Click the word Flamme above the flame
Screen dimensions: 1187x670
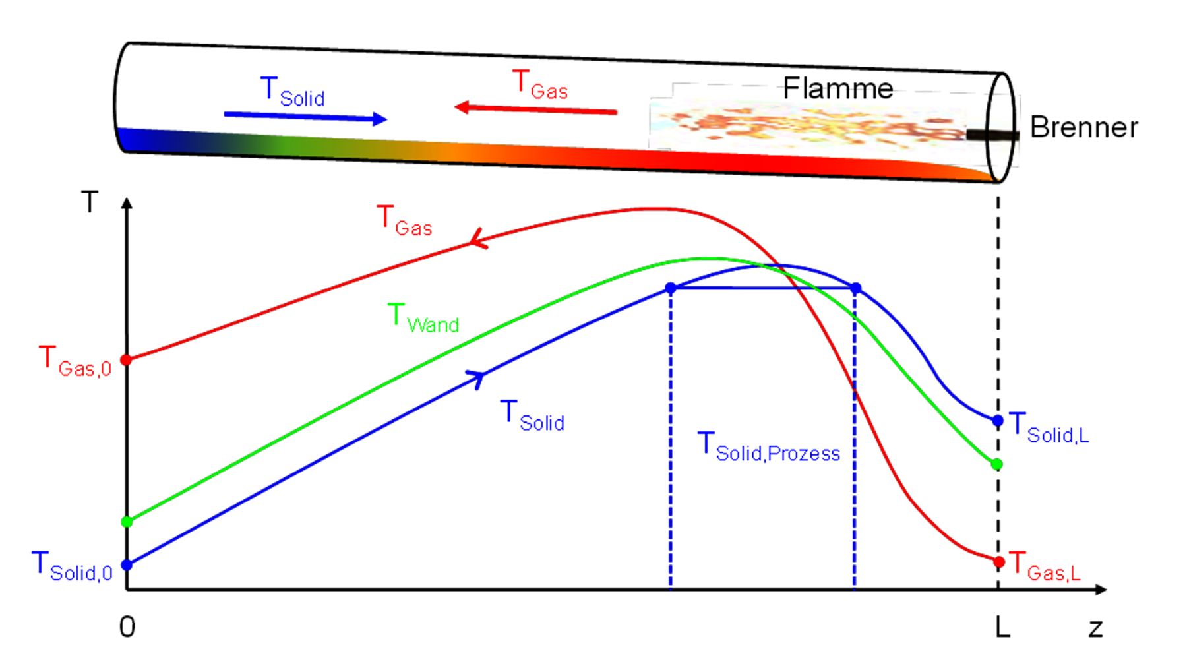837,88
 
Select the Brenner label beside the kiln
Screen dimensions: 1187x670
1083,127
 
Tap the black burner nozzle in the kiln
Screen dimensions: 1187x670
992,135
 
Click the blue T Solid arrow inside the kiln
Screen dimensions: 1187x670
305,117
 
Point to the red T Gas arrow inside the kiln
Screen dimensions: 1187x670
535,109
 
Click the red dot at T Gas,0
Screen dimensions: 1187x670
127,360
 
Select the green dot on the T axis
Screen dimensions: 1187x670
127,522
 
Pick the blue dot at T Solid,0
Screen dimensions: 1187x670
127,565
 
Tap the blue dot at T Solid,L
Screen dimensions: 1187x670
998,421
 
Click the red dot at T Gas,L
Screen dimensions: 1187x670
999,563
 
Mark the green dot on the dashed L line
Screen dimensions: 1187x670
997,465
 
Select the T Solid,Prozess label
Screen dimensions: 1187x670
769,447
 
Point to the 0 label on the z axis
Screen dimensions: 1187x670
127,627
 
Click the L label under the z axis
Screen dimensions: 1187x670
1002,627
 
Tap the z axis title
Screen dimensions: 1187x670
1095,629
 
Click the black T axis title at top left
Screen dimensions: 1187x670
90,202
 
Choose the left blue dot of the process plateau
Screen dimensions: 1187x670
671,288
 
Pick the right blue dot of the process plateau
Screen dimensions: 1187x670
856,288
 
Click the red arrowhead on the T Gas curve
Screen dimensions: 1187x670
479,240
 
